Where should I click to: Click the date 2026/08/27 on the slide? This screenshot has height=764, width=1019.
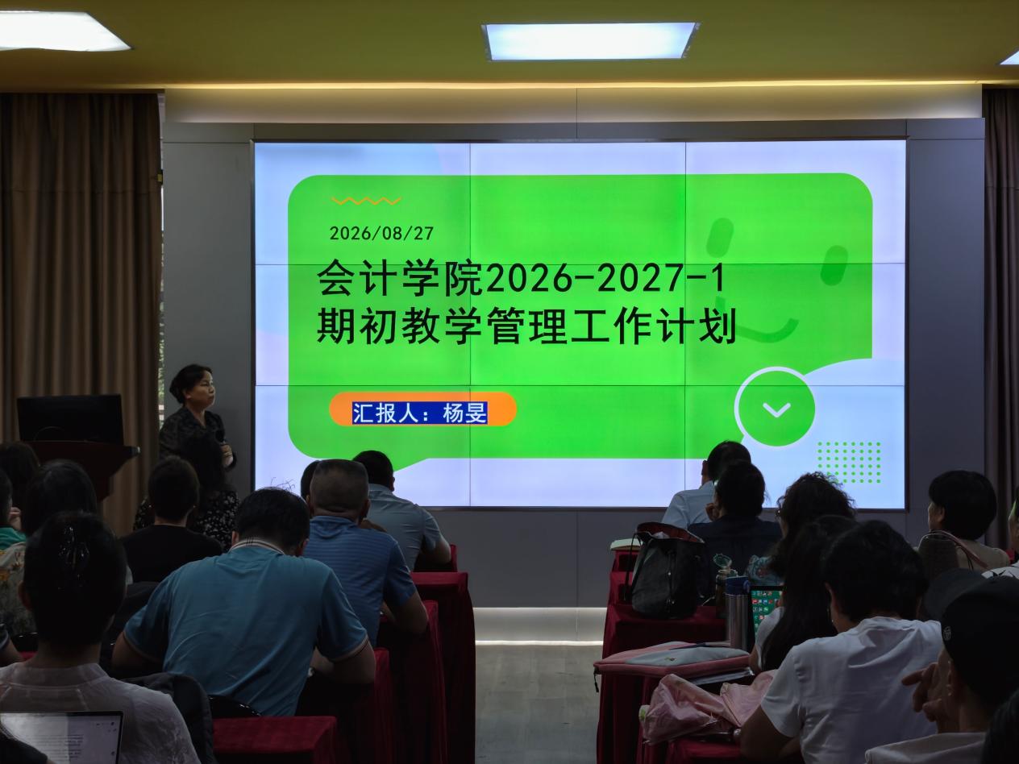click(381, 233)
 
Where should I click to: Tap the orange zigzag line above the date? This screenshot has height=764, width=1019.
click(366, 201)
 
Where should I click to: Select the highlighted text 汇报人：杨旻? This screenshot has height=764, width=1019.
click(420, 413)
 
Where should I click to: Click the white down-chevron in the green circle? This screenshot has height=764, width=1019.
click(776, 409)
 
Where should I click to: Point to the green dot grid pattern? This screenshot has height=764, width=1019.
click(849, 462)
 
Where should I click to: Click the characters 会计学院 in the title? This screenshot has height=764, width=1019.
click(400, 279)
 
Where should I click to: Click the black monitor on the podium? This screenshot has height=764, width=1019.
click(70, 418)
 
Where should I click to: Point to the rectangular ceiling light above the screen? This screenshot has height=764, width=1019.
click(590, 41)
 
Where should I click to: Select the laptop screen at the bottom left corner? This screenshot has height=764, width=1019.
click(60, 737)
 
